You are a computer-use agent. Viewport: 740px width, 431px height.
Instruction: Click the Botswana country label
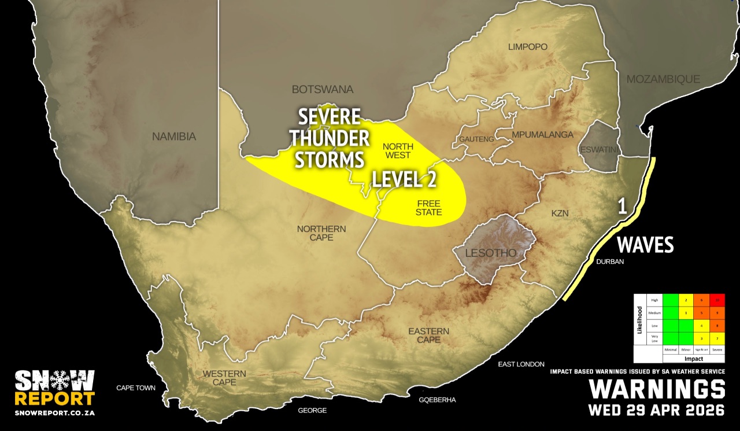[322, 90]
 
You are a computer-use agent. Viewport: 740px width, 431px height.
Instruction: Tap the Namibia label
[174, 137]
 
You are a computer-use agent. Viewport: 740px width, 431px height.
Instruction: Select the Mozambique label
[663, 79]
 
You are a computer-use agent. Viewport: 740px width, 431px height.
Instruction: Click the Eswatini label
[599, 150]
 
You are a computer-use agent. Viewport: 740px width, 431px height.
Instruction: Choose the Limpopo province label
[527, 47]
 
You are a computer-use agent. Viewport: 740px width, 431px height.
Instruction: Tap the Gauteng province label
[476, 139]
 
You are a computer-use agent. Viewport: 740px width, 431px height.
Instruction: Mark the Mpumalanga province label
[542, 135]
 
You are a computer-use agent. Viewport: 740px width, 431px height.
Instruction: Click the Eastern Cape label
[428, 335]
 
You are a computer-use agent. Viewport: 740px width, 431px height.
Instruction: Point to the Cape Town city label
[136, 388]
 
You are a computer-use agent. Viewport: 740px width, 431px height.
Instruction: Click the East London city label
[521, 364]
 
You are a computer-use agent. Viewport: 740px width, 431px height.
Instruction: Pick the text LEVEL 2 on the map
[404, 179]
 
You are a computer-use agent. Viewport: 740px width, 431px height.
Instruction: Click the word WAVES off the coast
[645, 245]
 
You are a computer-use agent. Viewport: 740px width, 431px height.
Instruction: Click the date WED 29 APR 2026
[656, 410]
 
